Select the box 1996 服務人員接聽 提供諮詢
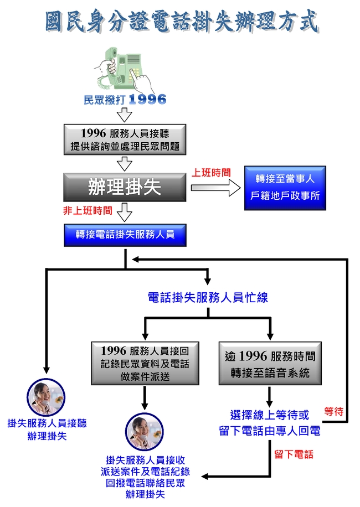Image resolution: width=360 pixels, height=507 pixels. point(125,140)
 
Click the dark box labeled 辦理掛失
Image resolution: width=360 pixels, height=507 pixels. point(125,188)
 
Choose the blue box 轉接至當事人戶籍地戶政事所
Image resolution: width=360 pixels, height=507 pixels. point(285,188)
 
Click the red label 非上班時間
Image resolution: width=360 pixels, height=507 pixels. point(88,210)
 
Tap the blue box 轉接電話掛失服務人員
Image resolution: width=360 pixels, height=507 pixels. point(125,235)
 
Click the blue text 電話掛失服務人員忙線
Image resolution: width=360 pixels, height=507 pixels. point(208,297)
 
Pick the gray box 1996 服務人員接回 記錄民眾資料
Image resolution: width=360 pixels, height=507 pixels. point(145,364)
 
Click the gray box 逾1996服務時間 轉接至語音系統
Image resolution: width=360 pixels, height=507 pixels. point(270,364)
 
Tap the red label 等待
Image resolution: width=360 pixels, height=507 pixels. point(334,412)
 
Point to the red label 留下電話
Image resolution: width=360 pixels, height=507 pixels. point(294,454)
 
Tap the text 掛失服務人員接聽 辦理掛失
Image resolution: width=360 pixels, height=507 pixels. point(47,430)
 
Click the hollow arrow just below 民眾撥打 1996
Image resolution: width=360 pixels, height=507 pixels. point(125,115)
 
